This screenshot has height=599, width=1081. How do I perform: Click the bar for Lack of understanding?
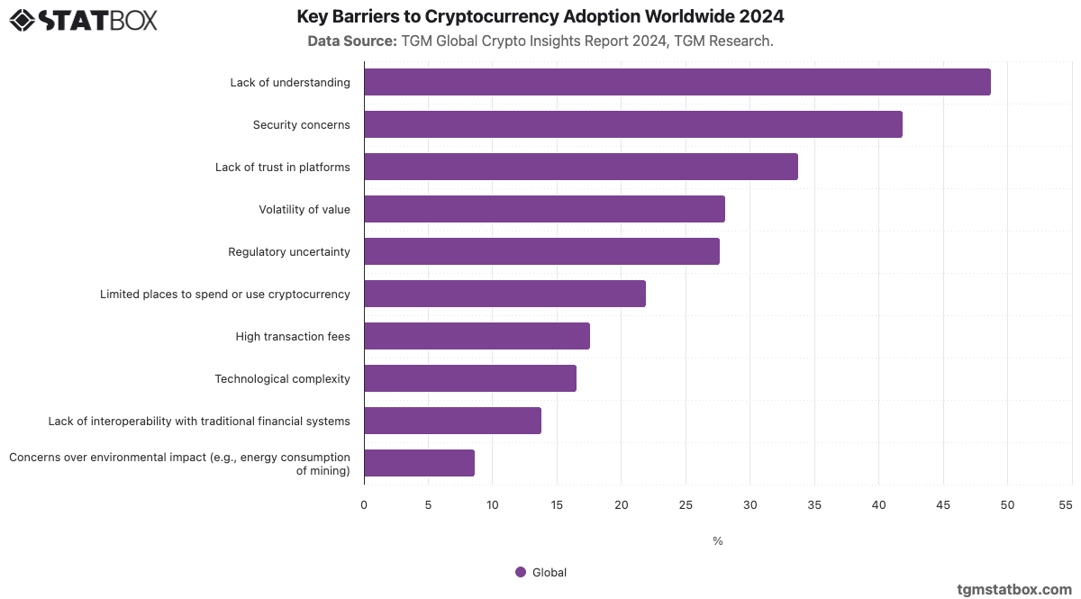tap(677, 82)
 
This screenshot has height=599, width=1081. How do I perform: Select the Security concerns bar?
tap(632, 124)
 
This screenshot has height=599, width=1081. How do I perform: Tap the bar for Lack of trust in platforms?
tap(580, 167)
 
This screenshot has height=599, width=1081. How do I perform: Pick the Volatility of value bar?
tap(544, 209)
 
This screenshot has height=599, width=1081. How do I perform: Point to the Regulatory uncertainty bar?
tap(541, 251)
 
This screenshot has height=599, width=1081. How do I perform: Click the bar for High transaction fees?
tap(477, 336)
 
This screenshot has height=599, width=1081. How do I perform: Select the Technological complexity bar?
tap(469, 378)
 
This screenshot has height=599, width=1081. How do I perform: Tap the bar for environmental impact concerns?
tap(419, 463)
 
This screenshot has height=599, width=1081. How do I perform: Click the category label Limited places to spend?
tap(224, 294)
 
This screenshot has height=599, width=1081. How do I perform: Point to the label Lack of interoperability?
tap(199, 421)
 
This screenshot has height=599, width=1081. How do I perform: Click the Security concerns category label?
tap(301, 124)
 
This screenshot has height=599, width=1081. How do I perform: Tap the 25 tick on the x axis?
tap(686, 505)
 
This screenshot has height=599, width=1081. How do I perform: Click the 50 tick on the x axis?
tap(1007, 505)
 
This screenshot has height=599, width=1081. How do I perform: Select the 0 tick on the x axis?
tap(364, 505)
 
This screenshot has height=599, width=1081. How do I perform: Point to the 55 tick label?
tap(1066, 505)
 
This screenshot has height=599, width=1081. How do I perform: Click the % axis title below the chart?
tap(718, 541)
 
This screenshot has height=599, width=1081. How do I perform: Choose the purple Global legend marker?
tap(521, 572)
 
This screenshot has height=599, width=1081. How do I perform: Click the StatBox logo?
tap(83, 20)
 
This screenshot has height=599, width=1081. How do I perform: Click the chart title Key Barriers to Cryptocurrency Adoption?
tap(540, 17)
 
